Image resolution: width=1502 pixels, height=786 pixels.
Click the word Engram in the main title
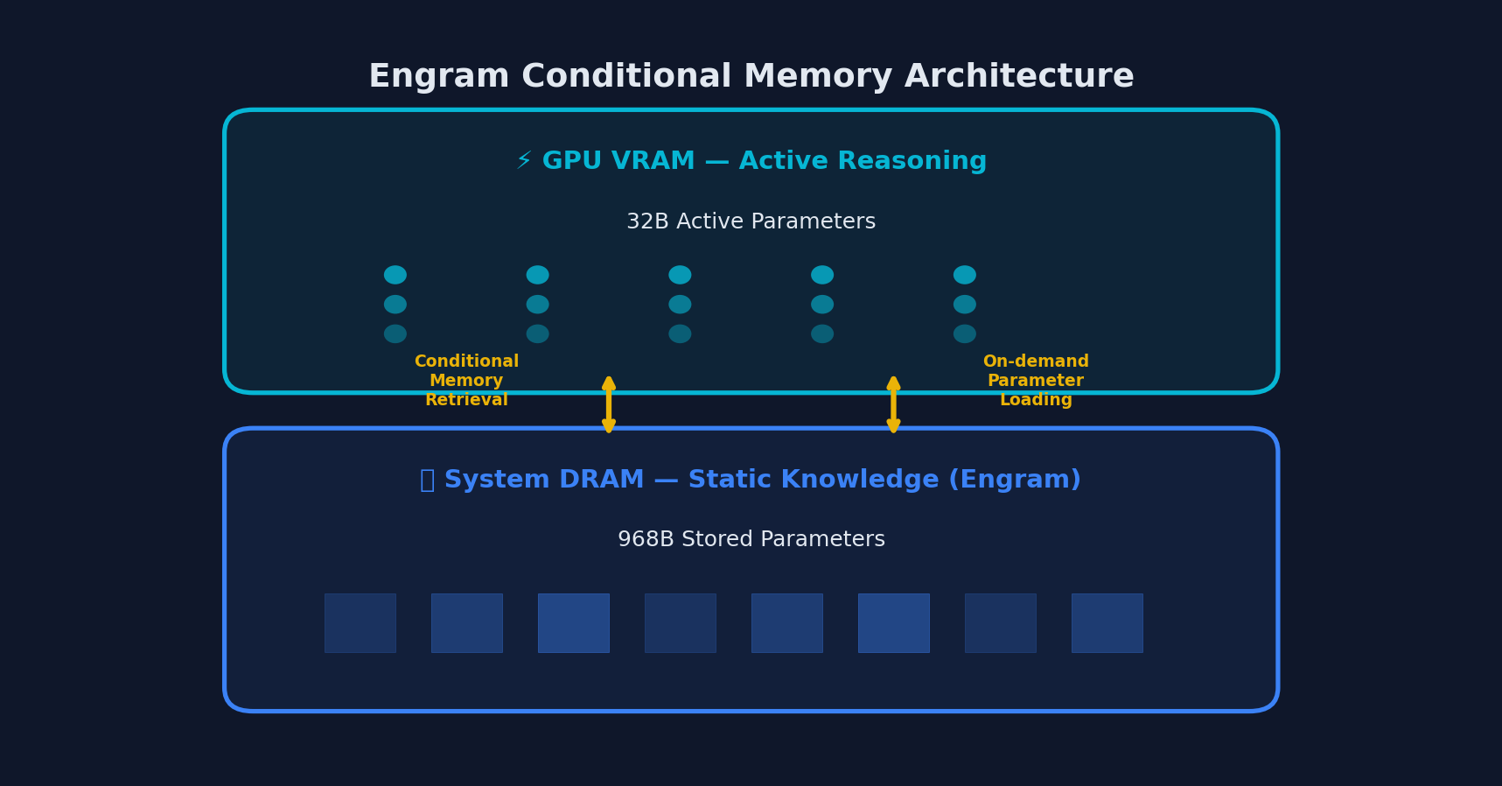click(x=438, y=77)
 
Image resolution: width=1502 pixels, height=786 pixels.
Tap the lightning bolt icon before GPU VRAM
click(x=523, y=161)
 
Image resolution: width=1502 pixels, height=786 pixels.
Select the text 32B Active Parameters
click(x=751, y=222)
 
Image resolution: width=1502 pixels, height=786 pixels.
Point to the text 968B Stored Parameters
click(x=751, y=540)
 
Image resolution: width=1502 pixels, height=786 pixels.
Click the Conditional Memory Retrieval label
click(x=466, y=381)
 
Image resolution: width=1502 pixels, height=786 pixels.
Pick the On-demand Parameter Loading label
click(x=1036, y=381)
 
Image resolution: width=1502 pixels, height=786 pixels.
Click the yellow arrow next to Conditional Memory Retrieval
click(x=609, y=404)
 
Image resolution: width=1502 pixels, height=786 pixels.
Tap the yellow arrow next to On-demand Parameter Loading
click(x=893, y=404)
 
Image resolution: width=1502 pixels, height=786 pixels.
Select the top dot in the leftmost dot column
click(x=395, y=275)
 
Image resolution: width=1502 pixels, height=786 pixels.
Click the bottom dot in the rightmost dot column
click(x=965, y=333)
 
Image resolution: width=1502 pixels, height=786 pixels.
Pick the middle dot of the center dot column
click(x=680, y=305)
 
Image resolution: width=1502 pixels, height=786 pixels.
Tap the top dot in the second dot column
click(x=538, y=275)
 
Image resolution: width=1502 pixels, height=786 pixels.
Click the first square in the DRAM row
click(x=360, y=623)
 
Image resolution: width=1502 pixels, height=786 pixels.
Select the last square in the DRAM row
click(x=1107, y=623)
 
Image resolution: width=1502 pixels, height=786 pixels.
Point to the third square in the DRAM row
click(x=574, y=623)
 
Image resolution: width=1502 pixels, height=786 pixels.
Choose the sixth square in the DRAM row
click(x=893, y=623)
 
